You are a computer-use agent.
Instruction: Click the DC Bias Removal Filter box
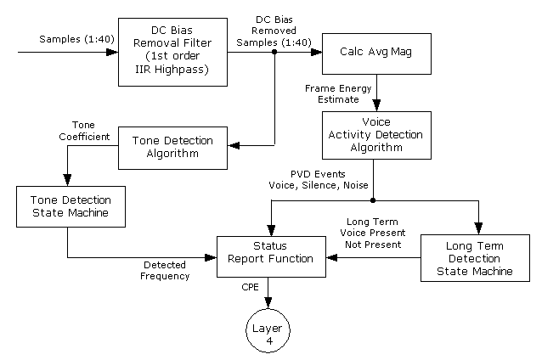point(172,51)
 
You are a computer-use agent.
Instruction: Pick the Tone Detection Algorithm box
point(172,145)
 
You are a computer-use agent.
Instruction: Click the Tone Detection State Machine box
point(67,206)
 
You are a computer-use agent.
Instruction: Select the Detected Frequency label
point(165,271)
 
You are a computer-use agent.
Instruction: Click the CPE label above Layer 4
point(251,288)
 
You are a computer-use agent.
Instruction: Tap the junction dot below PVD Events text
point(374,200)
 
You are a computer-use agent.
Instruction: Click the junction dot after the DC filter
point(275,52)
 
